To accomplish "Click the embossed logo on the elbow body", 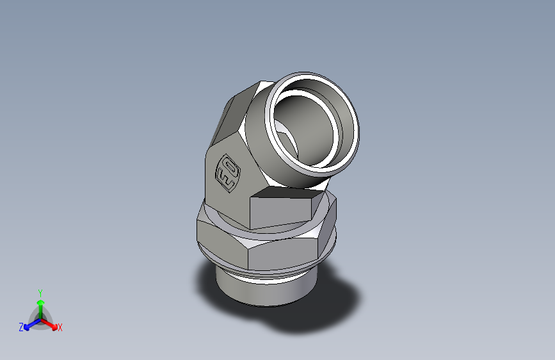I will pyautogui.click(x=229, y=172).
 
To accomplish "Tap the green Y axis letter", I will pyautogui.click(x=40, y=291).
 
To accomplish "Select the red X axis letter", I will pyautogui.click(x=60, y=327).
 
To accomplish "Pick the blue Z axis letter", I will pyautogui.click(x=21, y=327).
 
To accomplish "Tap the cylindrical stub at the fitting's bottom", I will pyautogui.click(x=256, y=291).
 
